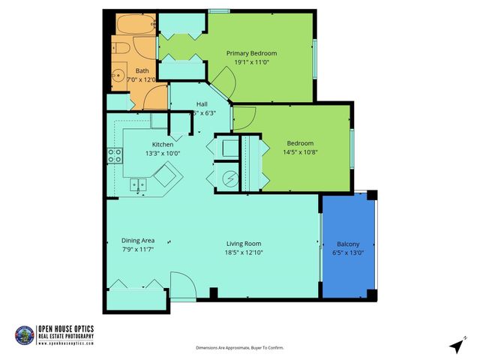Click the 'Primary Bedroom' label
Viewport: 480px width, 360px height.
(252, 53)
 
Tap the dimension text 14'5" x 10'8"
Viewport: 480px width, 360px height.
(300, 152)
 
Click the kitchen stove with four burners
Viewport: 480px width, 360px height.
(115, 156)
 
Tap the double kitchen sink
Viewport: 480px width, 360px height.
(137, 184)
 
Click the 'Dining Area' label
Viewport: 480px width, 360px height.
(138, 241)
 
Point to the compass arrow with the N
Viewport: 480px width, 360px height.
(456, 344)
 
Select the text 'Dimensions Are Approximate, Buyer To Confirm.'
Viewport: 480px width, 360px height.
(240, 348)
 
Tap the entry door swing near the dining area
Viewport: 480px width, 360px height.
(182, 286)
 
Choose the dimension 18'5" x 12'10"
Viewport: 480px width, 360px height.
(244, 253)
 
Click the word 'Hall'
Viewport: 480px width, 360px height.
(202, 103)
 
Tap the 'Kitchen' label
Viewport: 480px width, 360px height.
(163, 144)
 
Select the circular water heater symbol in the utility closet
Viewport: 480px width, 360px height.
(230, 179)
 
